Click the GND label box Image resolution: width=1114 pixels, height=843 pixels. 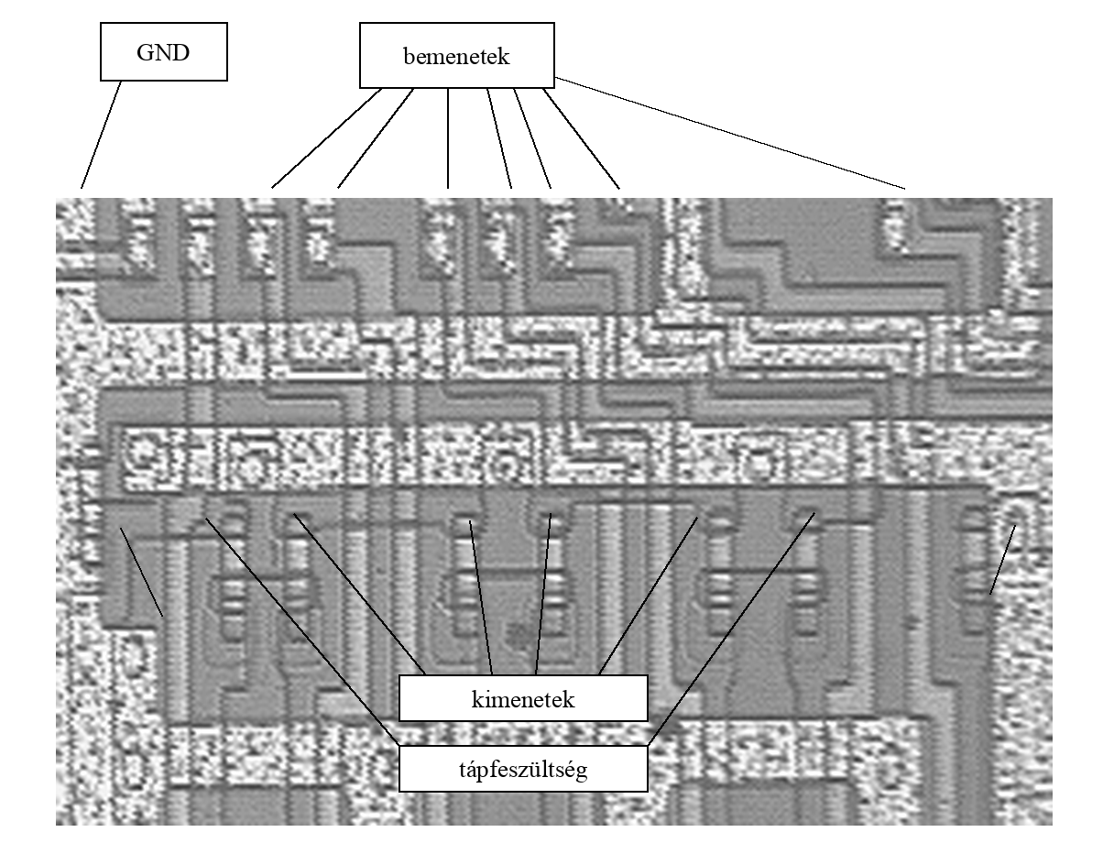pos(163,51)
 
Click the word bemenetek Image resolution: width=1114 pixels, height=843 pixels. pos(456,56)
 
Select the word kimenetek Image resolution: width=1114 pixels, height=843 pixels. pos(523,699)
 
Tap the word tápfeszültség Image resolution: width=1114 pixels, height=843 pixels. pos(523,770)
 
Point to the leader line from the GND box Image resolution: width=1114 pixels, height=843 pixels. pos(101,135)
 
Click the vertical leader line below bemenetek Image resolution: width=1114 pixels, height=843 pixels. pos(448,138)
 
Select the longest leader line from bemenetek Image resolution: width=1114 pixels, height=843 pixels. pos(730,133)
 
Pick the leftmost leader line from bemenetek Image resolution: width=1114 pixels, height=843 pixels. pos(326,138)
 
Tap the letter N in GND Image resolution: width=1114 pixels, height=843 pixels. pos(163,52)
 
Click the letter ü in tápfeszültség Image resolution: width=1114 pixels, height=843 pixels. pos(541,769)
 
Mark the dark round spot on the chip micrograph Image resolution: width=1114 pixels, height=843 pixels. pos(519,632)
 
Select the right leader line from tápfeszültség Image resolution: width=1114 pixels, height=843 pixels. pos(731,630)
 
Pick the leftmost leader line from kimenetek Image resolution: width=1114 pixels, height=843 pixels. pos(359,595)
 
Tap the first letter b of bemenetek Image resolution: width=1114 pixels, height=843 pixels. pos(409,56)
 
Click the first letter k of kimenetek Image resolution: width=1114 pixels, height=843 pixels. pos(476,699)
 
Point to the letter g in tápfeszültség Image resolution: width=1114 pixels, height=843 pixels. pos(582,772)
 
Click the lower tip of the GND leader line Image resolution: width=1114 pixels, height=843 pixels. pos(82,188)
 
